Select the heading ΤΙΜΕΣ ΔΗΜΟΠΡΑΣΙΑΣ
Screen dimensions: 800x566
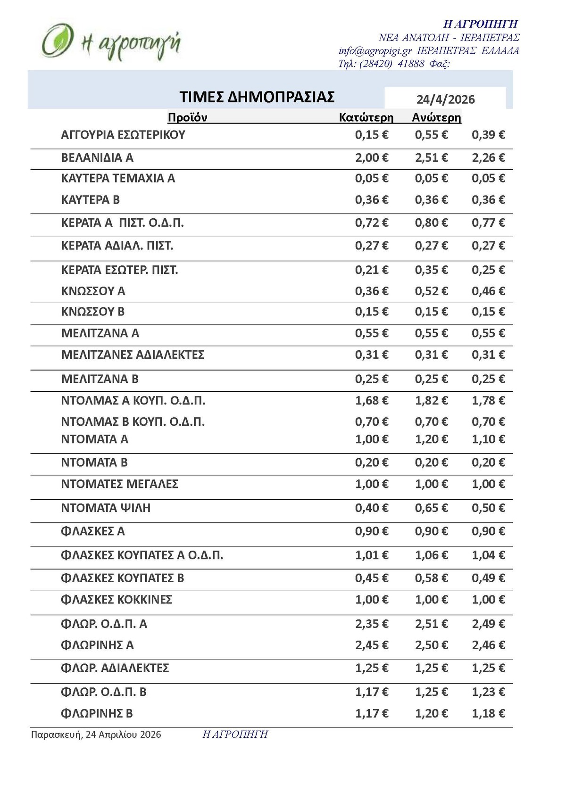[x=257, y=97]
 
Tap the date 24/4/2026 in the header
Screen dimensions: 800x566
[x=445, y=99]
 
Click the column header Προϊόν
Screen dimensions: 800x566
[x=187, y=117]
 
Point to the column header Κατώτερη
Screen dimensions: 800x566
[x=366, y=117]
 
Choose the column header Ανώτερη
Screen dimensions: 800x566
[x=436, y=117]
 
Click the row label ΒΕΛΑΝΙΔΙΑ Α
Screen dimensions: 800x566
[x=97, y=158]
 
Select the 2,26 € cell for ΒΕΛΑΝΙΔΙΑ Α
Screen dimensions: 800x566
[x=488, y=158]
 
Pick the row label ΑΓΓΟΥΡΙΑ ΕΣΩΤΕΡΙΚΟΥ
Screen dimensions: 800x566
[x=123, y=135]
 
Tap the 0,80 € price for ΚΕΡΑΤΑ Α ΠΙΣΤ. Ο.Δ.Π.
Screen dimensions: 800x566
[x=431, y=223]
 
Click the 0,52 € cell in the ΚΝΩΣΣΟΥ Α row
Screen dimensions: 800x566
[x=431, y=291]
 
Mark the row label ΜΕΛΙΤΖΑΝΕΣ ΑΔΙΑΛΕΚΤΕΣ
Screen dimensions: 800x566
[x=133, y=355]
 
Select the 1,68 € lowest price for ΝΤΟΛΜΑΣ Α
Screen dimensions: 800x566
[x=372, y=401]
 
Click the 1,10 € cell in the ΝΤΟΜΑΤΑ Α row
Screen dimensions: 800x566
[x=488, y=439]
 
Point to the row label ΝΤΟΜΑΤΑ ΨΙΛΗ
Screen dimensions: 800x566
[x=106, y=508]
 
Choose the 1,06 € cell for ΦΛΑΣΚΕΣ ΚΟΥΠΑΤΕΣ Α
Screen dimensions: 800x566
[x=431, y=555]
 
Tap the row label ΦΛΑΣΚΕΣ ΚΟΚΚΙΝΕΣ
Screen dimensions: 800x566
[x=117, y=600]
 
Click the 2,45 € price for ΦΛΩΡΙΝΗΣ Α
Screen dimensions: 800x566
[x=372, y=645]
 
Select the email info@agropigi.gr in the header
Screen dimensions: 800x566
[x=375, y=51]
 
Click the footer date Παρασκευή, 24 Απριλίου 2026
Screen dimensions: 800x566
[x=96, y=734]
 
